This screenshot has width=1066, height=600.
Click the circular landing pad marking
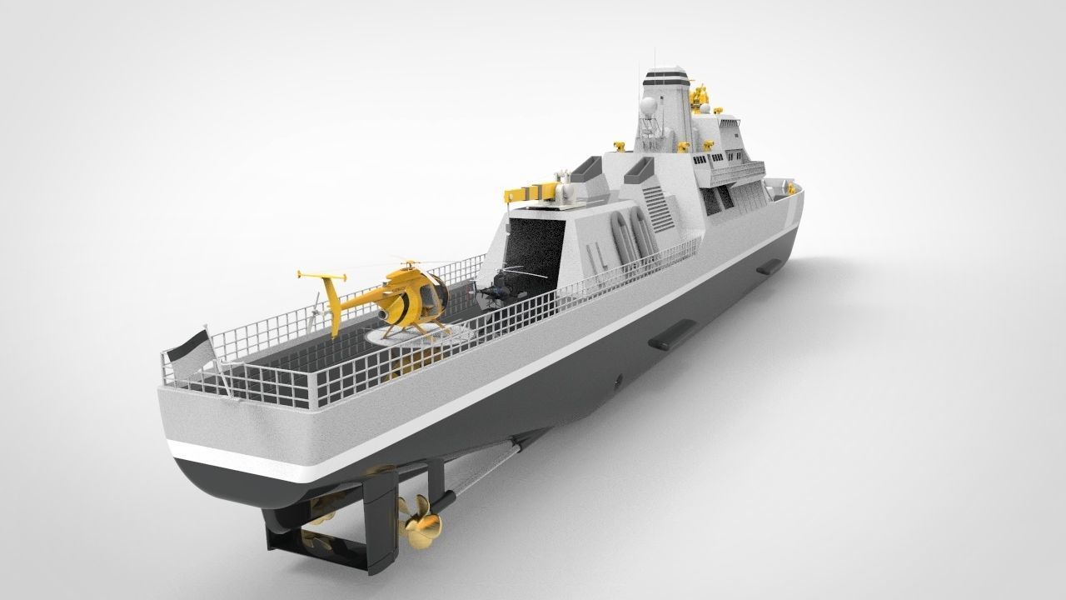coord(421,334)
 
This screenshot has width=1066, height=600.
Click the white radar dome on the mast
coord(647,106)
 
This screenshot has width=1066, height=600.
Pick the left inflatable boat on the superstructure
coord(620,233)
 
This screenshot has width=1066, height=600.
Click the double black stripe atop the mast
coord(667,79)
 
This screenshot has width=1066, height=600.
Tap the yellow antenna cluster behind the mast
coord(701,97)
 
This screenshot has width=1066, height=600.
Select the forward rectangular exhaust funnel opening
coord(640,168)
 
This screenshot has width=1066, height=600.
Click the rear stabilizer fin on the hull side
coord(672,334)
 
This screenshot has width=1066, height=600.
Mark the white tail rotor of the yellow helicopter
coord(314,311)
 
